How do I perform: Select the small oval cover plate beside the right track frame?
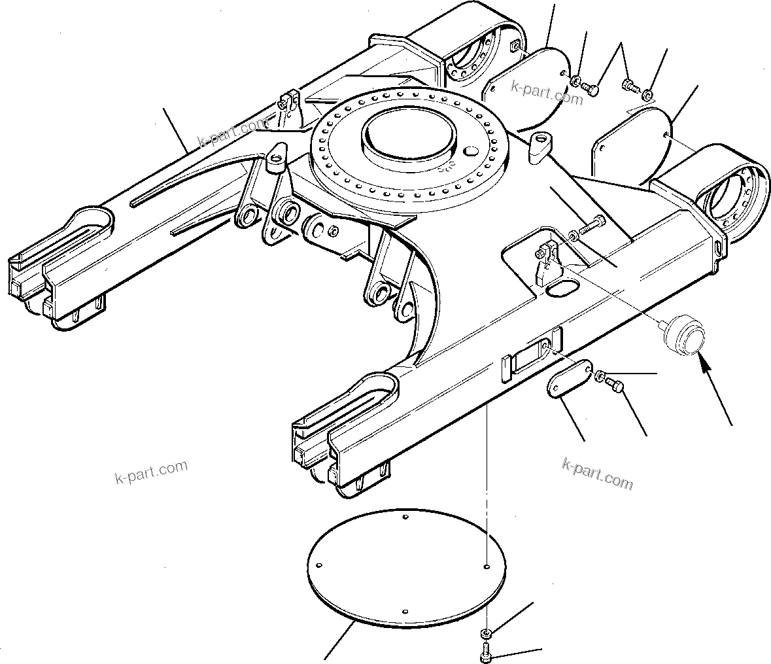[x=567, y=378]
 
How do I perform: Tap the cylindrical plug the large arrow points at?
[x=683, y=334]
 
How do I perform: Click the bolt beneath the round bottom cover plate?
[x=486, y=650]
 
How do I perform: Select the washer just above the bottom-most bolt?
[x=486, y=633]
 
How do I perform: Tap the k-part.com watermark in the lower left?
[x=150, y=470]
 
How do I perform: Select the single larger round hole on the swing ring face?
[x=470, y=152]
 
